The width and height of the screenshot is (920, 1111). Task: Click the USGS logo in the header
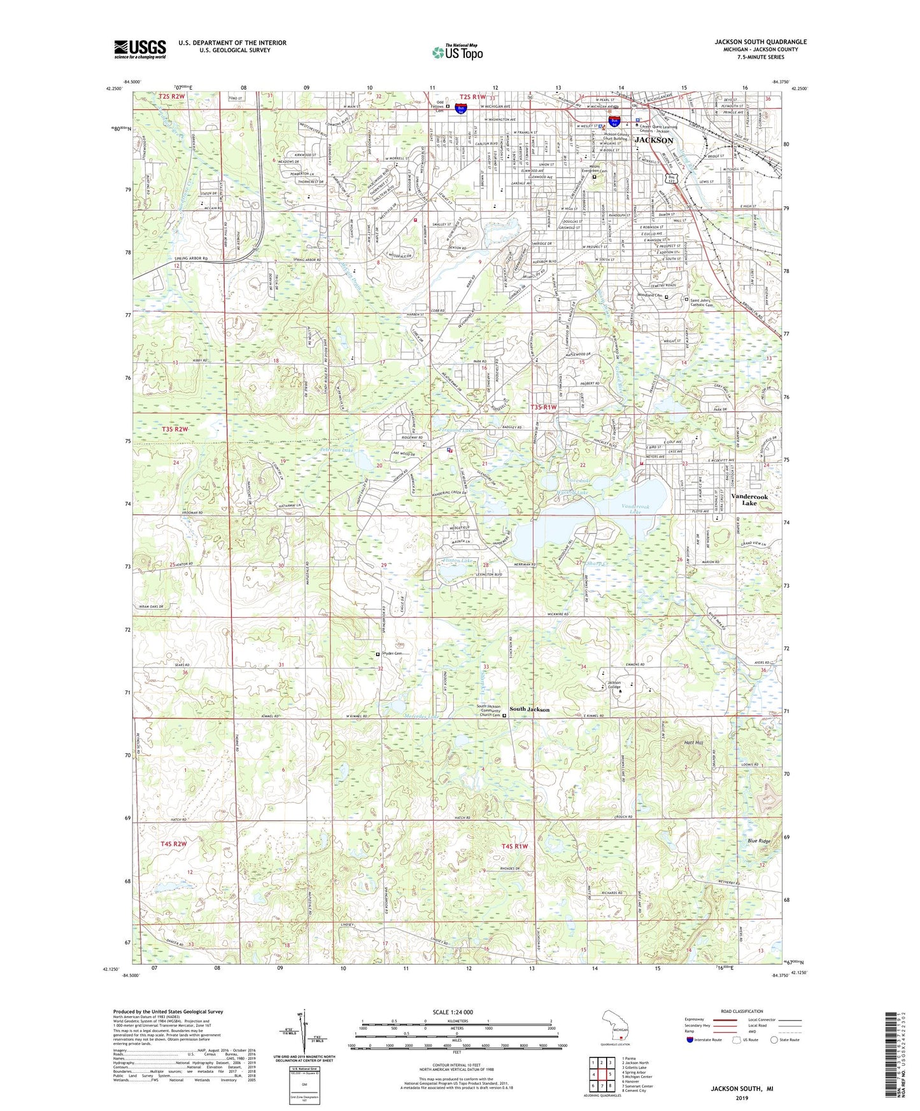139,49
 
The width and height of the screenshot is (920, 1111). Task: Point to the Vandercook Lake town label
749,500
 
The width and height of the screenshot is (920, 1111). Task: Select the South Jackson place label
529,709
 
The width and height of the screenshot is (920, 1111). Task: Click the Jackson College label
614,685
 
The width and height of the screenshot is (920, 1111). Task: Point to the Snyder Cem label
393,653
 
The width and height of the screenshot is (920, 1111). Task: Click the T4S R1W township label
515,846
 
